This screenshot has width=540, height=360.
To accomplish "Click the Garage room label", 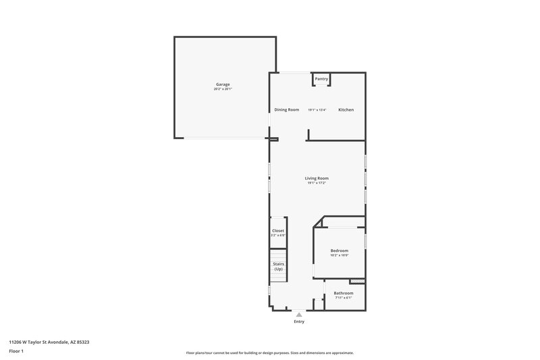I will (223, 84).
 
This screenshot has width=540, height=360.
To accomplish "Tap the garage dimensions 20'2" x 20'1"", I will (223, 89).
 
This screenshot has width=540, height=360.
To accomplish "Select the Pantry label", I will (321, 79).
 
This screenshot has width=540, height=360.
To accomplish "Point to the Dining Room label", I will (286, 109).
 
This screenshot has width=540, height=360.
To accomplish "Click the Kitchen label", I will (346, 109).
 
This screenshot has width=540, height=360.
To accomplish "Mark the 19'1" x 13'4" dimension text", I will (317, 110).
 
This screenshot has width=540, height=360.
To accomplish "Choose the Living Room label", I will (317, 178).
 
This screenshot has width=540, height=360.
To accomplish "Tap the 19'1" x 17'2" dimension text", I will (317, 183).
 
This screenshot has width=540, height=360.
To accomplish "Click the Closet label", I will (278, 230).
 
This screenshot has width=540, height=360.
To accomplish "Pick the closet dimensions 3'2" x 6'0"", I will (278, 235).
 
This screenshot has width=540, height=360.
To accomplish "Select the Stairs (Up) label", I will (278, 266).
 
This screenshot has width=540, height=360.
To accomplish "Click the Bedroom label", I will (339, 251).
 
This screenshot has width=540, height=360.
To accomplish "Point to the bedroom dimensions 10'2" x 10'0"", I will (339, 255).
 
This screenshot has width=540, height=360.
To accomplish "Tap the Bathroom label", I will (343, 293).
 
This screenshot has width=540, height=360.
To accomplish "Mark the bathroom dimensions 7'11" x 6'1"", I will (343, 298).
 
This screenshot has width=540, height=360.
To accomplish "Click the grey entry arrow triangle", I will (299, 313).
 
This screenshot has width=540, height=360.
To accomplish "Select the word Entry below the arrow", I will (299, 322).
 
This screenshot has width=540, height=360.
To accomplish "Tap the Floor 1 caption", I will (17, 352).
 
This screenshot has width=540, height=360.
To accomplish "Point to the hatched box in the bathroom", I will (356, 281).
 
